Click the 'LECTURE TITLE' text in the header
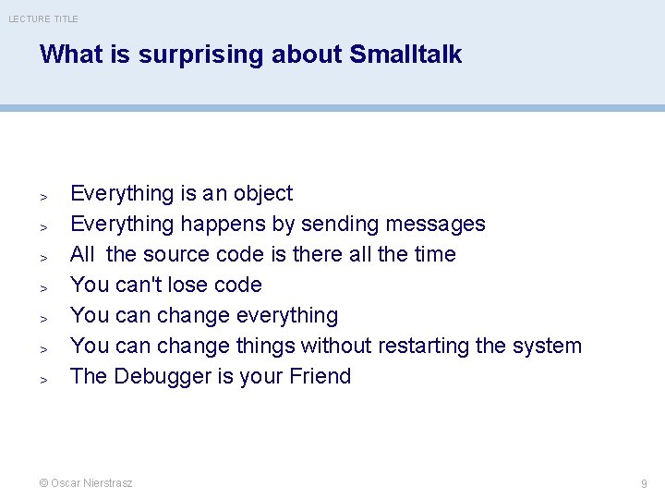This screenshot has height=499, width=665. tap(43, 18)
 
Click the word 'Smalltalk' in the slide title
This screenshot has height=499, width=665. tap(405, 55)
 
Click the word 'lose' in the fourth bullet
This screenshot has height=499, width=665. tap(202, 285)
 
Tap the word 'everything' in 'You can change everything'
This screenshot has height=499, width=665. tap(287, 316)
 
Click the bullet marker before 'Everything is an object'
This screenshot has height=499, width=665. tap(42, 196)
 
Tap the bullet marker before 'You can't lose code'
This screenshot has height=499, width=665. tap(42, 287)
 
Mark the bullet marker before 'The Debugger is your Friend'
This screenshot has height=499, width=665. tap(42, 379)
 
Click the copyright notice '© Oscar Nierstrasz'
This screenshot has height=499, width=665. tap(86, 483)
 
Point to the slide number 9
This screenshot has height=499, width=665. tap(644, 483)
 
